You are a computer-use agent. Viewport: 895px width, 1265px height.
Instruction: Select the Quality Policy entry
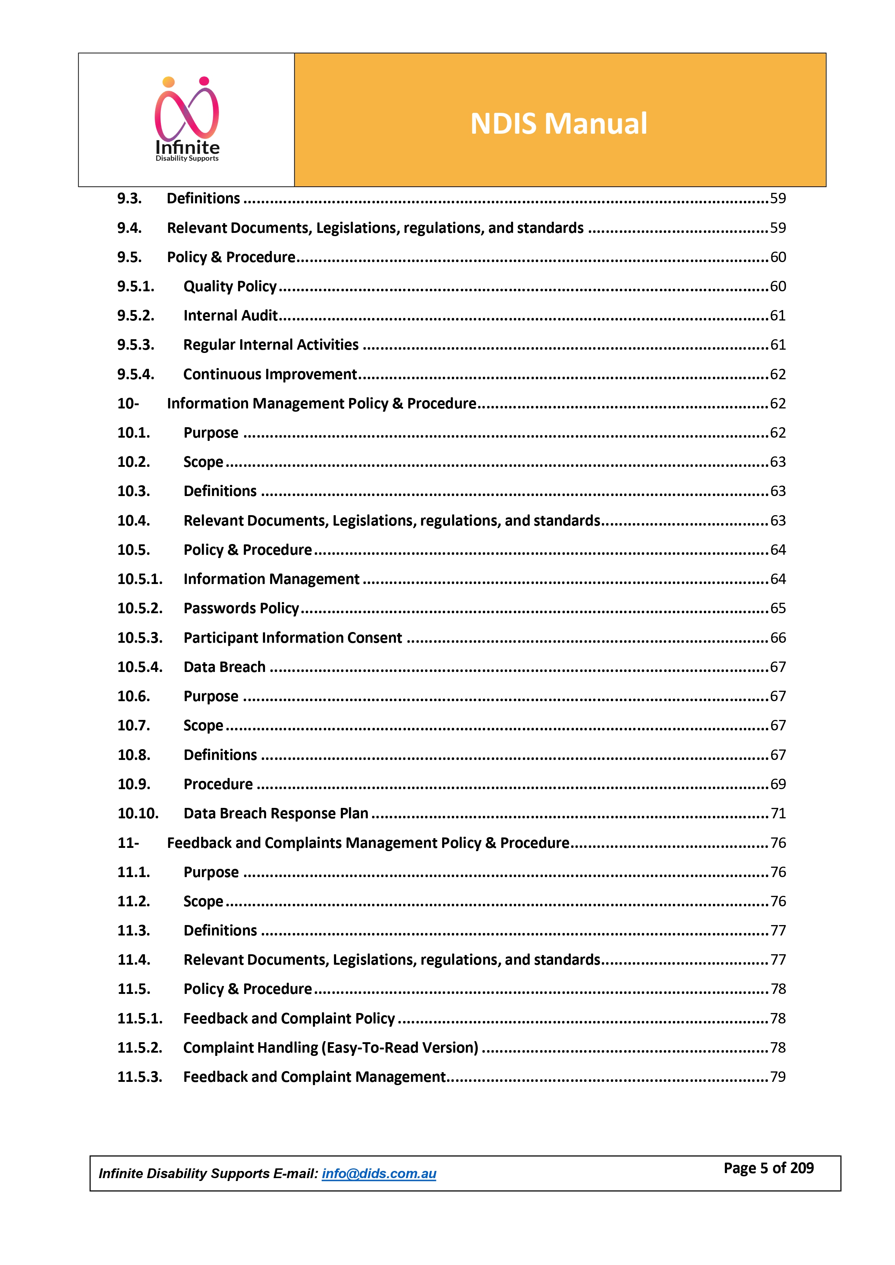click(x=230, y=287)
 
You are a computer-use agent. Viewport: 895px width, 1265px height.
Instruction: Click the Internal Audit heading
click(x=230, y=316)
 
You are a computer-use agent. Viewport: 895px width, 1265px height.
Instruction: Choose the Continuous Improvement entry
click(x=270, y=375)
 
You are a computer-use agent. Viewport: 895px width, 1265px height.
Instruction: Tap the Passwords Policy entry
click(x=241, y=608)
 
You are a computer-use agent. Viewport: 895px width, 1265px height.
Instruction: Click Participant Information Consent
click(x=293, y=638)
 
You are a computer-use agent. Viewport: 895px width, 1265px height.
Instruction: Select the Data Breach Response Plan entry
click(x=275, y=814)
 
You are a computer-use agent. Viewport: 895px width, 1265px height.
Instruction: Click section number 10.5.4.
click(x=140, y=667)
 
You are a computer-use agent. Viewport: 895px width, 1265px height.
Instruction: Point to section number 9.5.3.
click(x=136, y=345)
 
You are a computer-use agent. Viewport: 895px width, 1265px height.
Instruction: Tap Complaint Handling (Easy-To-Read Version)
click(x=331, y=1048)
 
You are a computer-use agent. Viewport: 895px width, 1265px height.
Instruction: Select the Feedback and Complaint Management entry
click(x=314, y=1077)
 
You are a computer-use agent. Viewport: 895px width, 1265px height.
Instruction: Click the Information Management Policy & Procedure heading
click(x=321, y=404)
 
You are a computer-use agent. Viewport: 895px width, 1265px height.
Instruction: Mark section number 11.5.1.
click(x=140, y=1019)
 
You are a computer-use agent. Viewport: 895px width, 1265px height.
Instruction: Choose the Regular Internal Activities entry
click(x=270, y=345)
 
